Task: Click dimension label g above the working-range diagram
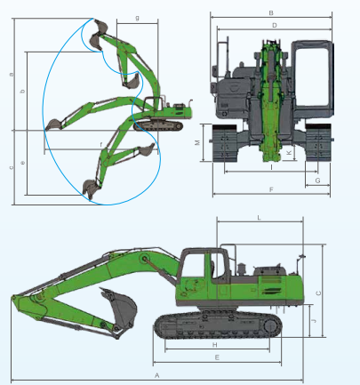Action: pyautogui.click(x=137, y=18)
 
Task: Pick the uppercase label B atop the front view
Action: pyautogui.click(x=270, y=12)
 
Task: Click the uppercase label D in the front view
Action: pyautogui.click(x=275, y=26)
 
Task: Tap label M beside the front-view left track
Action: pyautogui.click(x=197, y=142)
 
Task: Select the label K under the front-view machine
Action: pyautogui.click(x=289, y=153)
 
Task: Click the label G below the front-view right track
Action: pyautogui.click(x=317, y=180)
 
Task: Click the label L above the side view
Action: pyautogui.click(x=258, y=217)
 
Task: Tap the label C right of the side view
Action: pyautogui.click(x=318, y=293)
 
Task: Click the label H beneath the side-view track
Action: pyautogui.click(x=214, y=344)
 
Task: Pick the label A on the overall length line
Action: pyautogui.click(x=156, y=377)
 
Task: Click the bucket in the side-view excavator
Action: pyautogui.click(x=118, y=307)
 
